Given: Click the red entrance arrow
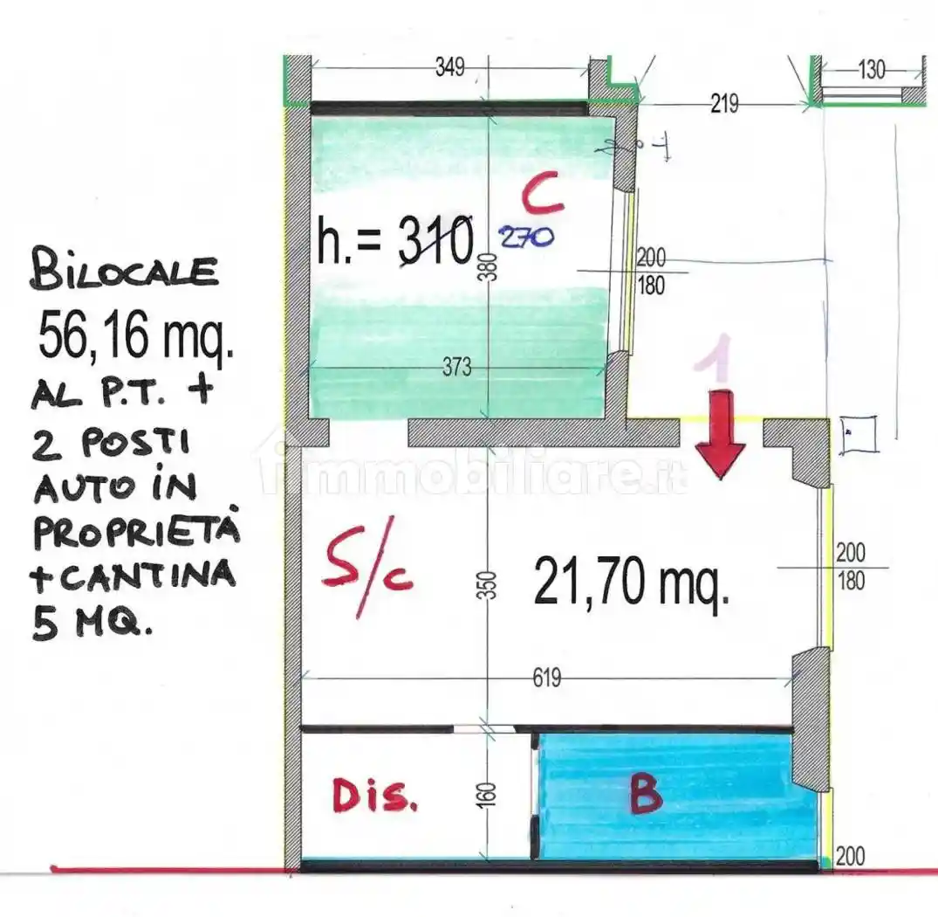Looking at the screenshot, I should click(721, 437).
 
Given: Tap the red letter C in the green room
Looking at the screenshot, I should click(543, 195).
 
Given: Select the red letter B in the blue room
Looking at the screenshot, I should click(645, 794).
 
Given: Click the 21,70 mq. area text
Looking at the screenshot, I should click(631, 584).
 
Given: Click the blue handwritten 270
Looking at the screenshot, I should click(525, 237).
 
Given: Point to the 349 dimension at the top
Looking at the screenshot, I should click(450, 68).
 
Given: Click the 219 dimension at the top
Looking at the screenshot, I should click(724, 104).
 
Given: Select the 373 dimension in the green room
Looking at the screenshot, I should click(457, 369).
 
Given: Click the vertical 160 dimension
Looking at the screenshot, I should click(489, 793).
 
